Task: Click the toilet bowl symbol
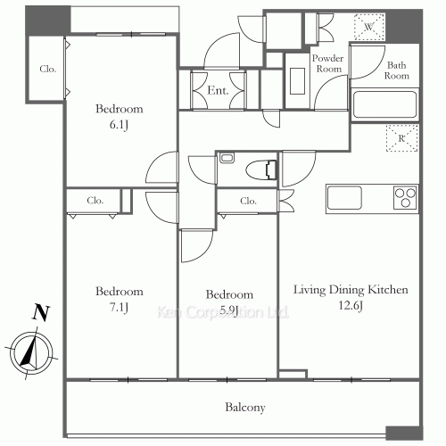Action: [261, 170]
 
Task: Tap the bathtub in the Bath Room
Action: [384, 104]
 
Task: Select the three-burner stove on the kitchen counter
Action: [405, 197]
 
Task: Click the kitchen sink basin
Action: [344, 197]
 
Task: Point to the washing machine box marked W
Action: [369, 27]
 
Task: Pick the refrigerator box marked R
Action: [402, 138]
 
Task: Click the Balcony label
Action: [245, 408]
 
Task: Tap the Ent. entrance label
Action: [218, 90]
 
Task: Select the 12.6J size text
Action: [351, 305]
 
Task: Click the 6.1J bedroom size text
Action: [119, 125]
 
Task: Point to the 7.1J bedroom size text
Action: [119, 307]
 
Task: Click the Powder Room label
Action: [328, 63]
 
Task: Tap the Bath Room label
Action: [397, 70]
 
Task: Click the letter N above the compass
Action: [41, 312]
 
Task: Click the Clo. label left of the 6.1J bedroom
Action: [47, 69]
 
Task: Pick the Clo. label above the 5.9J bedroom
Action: [248, 201]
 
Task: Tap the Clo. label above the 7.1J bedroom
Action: [95, 201]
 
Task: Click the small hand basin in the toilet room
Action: [227, 157]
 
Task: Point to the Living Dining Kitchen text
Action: [351, 290]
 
